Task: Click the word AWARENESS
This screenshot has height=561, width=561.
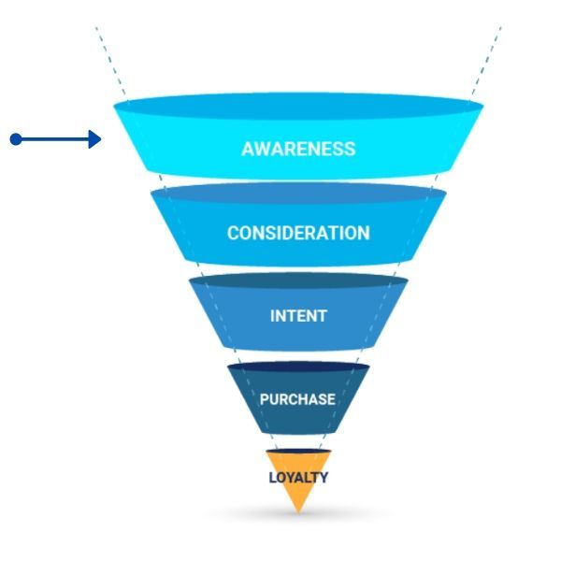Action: coord(298,149)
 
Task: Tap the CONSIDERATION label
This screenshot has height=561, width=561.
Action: coord(298,233)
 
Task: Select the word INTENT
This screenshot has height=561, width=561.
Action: coord(298,316)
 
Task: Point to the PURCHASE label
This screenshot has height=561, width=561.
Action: coord(297,399)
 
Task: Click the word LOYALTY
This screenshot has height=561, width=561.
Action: coord(298,477)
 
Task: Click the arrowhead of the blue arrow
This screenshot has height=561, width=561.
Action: coord(94,139)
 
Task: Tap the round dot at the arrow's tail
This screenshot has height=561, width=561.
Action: coord(15,139)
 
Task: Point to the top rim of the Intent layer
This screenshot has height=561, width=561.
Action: coord(298,280)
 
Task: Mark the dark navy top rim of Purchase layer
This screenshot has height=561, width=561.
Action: coord(298,367)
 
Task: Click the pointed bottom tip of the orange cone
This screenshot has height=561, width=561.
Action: coord(298,511)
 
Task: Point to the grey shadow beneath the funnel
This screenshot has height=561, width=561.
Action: coord(298,517)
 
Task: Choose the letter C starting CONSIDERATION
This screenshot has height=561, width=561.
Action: coord(233,233)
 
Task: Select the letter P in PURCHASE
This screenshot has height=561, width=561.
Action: coord(265,399)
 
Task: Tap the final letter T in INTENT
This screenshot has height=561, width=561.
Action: coord(323,316)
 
